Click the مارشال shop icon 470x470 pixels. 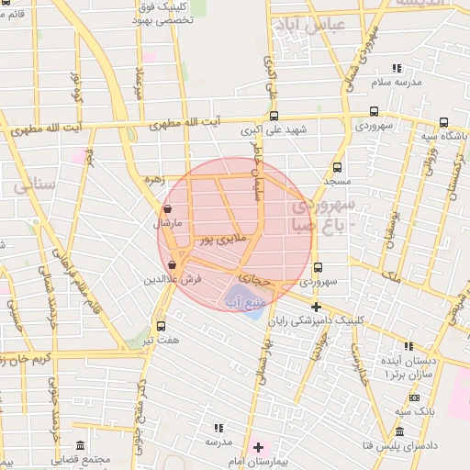[x=166, y=209]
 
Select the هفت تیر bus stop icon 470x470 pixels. [x=162, y=326]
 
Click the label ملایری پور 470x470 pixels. [x=224, y=240]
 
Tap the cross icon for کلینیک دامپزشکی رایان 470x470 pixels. [x=317, y=307]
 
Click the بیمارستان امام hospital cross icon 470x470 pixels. [x=259, y=448]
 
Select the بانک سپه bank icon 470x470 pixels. [x=414, y=397]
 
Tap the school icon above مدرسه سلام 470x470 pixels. [x=397, y=68]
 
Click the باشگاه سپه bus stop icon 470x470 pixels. [x=443, y=123]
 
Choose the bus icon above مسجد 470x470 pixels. [x=337, y=167]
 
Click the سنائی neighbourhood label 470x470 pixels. [x=35, y=186]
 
